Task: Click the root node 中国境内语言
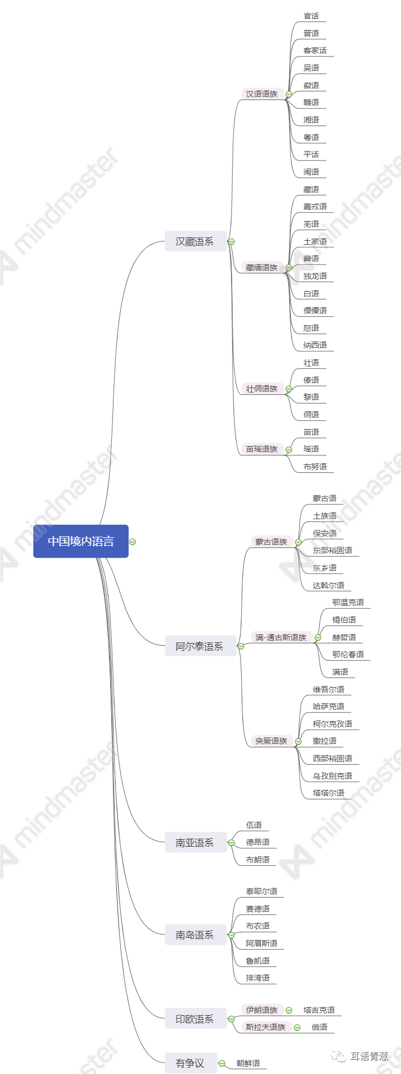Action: tap(81, 541)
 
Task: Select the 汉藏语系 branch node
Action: tap(195, 241)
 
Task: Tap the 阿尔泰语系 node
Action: tap(199, 646)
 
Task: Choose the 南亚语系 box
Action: tap(195, 843)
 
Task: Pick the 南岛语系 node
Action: tap(195, 935)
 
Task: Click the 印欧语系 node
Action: tap(195, 1019)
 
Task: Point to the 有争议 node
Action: tap(190, 1063)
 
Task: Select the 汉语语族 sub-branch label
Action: tap(261, 94)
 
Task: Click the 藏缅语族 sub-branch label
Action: tap(261, 268)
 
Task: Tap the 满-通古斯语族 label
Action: tap(281, 637)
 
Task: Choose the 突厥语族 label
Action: tap(271, 741)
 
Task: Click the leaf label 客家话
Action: tap(315, 50)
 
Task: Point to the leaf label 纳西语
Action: tap(315, 345)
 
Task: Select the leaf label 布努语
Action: tap(315, 467)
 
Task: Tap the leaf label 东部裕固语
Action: tap(333, 550)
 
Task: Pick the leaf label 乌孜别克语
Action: tap(333, 776)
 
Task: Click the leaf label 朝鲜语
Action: tap(249, 1063)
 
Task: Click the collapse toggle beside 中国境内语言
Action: tap(133, 542)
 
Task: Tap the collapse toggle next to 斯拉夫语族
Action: tap(297, 1028)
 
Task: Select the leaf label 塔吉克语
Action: tap(319, 1010)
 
